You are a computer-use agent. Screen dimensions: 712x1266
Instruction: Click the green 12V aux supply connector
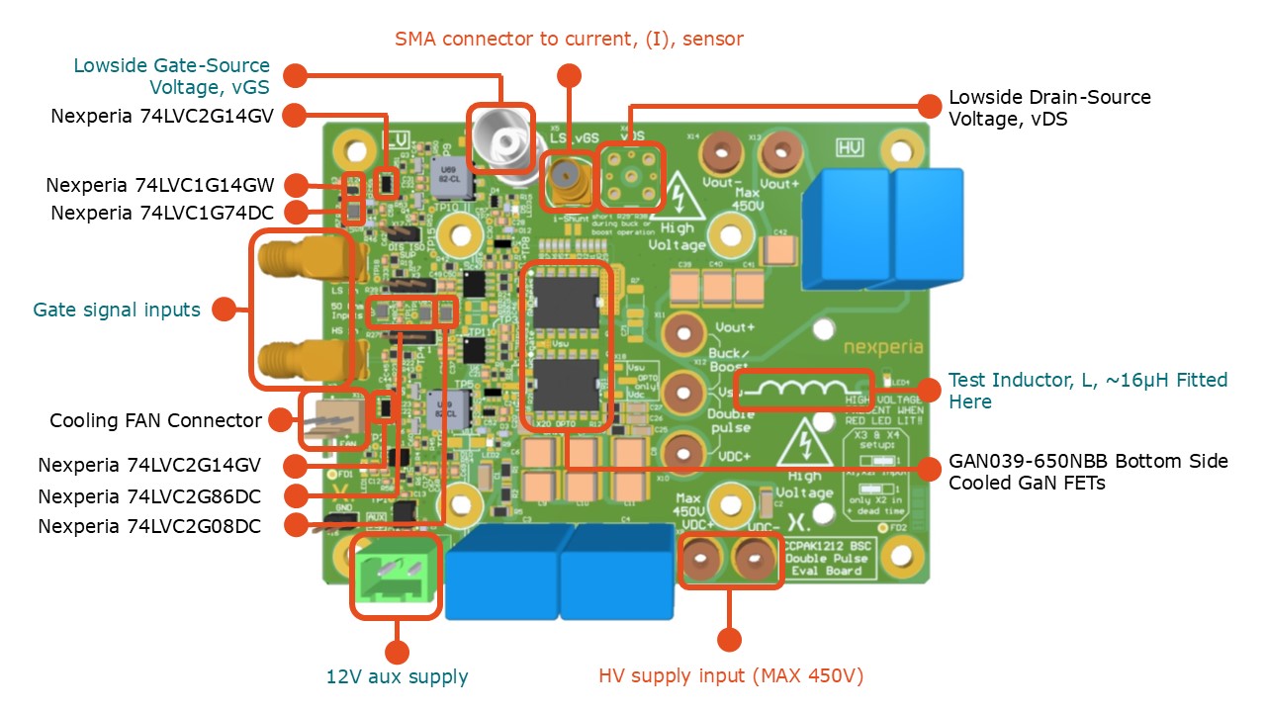396,576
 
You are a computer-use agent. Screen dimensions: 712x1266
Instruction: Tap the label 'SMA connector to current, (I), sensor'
569,40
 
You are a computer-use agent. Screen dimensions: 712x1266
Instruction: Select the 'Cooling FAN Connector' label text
156,420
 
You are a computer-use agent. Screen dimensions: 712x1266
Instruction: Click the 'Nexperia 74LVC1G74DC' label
163,213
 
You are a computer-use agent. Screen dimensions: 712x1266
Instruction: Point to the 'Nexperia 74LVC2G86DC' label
149,496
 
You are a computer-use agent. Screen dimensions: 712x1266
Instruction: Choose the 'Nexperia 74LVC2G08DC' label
149,526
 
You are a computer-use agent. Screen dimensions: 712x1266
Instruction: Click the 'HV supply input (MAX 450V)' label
731,676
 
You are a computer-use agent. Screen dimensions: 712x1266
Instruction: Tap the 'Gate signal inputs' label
117,311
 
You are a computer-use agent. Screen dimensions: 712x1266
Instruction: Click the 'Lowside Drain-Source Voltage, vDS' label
1049,108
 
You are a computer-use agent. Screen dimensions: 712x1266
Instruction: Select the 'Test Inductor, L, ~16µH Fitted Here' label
1088,391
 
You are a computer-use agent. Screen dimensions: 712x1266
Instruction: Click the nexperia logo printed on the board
883,348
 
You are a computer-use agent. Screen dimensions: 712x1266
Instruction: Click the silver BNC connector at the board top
500,139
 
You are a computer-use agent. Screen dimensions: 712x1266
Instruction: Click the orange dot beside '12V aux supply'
397,652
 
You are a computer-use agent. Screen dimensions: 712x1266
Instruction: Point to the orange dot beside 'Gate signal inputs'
225,310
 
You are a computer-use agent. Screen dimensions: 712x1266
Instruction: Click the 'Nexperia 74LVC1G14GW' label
163,185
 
